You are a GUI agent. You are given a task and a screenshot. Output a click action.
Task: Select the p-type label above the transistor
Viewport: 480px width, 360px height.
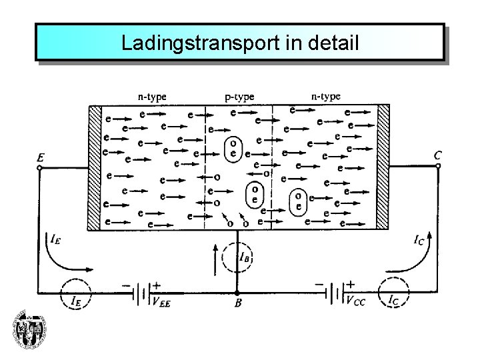coord(239,97)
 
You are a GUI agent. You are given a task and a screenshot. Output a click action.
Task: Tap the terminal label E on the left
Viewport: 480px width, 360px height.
coord(41,158)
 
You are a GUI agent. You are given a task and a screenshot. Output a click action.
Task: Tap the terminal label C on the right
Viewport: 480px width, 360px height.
coord(437,155)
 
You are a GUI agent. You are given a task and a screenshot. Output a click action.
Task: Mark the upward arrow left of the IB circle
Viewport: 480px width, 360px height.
coord(214,259)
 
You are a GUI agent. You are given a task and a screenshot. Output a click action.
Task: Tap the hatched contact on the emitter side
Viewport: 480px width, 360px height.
coord(94,167)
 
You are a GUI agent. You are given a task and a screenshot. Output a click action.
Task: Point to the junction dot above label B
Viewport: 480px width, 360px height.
coord(237,292)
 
